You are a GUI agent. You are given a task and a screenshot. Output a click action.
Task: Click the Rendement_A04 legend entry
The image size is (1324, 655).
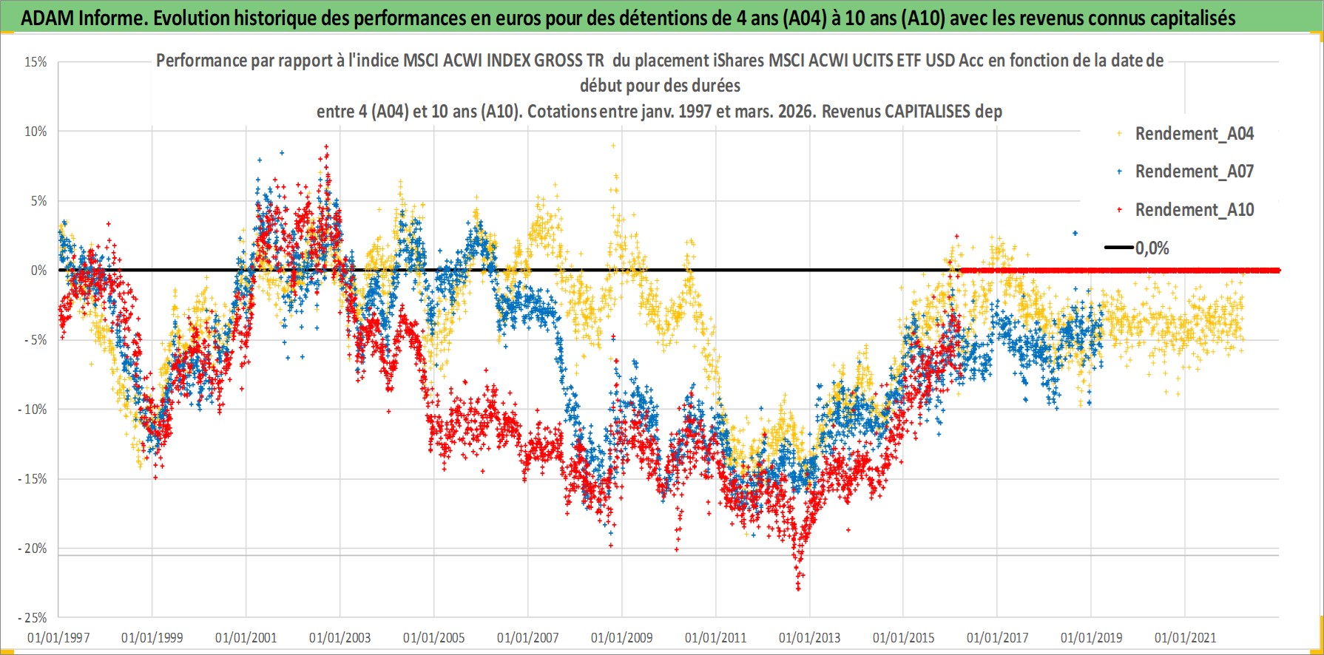[x=1194, y=134]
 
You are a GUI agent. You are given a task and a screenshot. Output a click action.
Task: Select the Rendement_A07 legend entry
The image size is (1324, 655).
[x=1194, y=172]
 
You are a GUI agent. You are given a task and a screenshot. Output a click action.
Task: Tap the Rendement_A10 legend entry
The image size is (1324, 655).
[x=1194, y=210]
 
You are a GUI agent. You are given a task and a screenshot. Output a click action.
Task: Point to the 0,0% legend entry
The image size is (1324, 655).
[x=1152, y=248]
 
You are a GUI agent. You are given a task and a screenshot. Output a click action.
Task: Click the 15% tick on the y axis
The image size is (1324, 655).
[x=36, y=62]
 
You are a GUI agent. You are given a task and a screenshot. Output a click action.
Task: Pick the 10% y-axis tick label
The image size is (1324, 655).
[x=36, y=132]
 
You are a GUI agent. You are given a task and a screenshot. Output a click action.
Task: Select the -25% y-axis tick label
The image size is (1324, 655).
[x=33, y=618]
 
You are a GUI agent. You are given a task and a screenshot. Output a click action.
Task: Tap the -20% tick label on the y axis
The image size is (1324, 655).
[x=33, y=549]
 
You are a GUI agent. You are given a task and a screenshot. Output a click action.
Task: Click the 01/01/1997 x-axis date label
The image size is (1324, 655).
[x=58, y=637]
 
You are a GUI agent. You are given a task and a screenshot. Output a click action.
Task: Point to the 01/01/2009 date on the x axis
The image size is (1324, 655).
[x=622, y=637]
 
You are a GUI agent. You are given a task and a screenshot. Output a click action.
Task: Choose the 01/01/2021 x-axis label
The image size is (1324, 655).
[x=1186, y=637]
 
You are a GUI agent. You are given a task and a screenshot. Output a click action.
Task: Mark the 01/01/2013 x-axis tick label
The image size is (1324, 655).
[x=810, y=637]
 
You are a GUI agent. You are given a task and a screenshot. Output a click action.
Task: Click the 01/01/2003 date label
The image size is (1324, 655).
[x=340, y=637]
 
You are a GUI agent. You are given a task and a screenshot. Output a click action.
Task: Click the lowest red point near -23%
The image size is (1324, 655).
[x=798, y=589]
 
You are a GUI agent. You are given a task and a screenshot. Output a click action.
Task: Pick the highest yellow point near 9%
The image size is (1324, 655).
[x=613, y=146]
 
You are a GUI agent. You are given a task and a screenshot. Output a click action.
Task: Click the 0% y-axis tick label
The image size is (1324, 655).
[x=38, y=271]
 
